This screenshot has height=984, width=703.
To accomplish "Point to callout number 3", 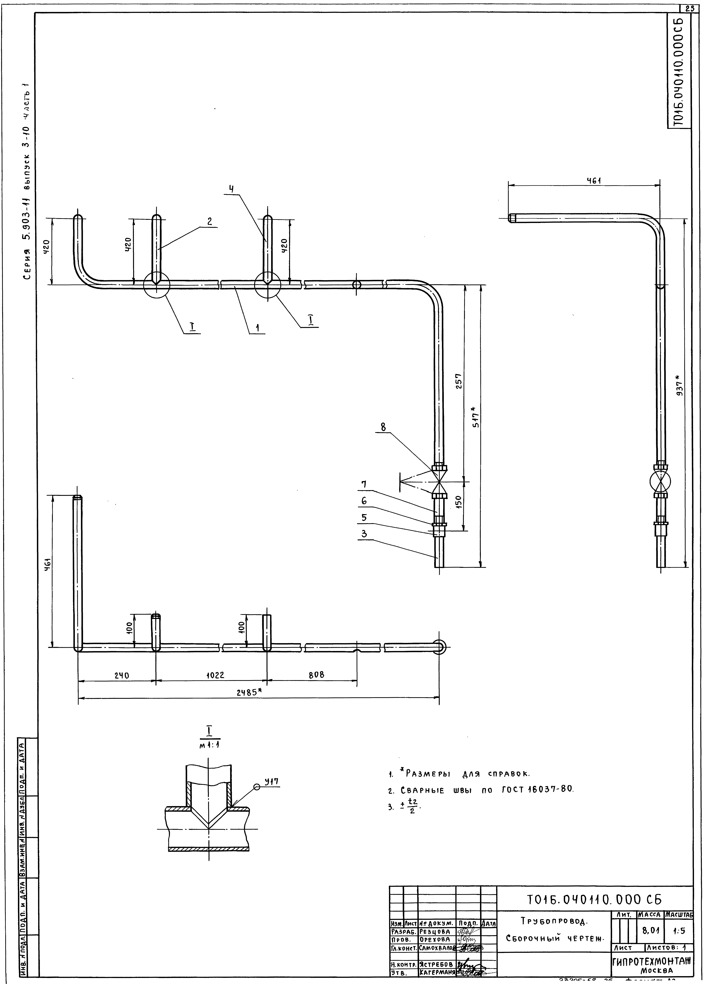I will click(364, 533).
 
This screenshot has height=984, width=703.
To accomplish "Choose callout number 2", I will click(209, 221).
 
